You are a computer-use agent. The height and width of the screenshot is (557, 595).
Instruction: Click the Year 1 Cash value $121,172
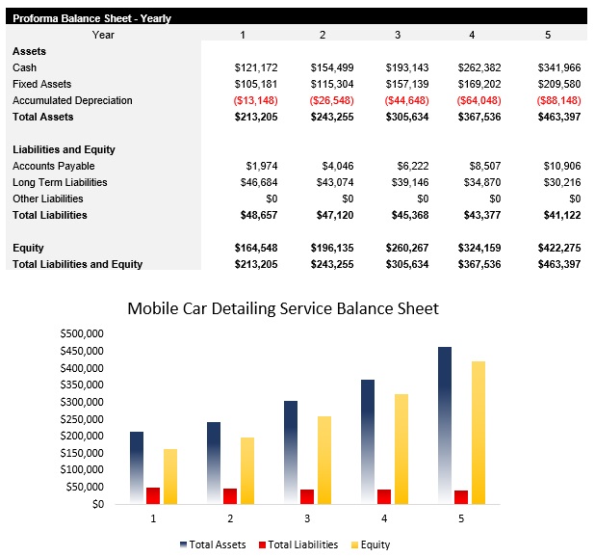coord(256,67)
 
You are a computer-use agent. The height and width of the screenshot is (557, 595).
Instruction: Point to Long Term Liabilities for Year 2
coord(332,182)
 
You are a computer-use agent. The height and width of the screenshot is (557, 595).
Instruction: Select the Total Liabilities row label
coord(50,215)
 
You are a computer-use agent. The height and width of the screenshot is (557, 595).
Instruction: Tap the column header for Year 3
coord(397,35)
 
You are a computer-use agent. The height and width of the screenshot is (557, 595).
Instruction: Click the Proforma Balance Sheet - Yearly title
coord(92,18)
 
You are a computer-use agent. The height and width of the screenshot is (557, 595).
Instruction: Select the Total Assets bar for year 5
coord(445,424)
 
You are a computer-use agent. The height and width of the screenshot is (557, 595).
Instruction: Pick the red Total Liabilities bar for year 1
coord(153,495)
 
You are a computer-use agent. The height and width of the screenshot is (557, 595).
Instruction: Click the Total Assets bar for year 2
coord(214,463)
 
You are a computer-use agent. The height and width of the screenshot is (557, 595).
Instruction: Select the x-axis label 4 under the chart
coord(384,518)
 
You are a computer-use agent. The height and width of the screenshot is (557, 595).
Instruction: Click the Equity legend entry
coord(370,544)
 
